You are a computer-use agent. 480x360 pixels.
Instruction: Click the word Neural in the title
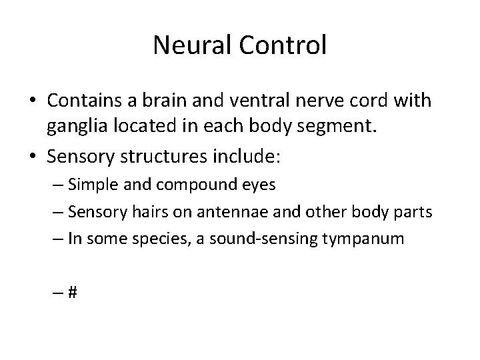click(187, 45)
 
